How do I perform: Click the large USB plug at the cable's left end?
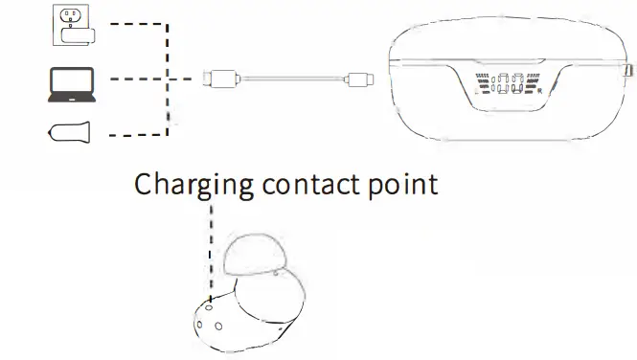(x=219, y=79)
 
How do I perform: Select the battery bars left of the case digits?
(x=481, y=84)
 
